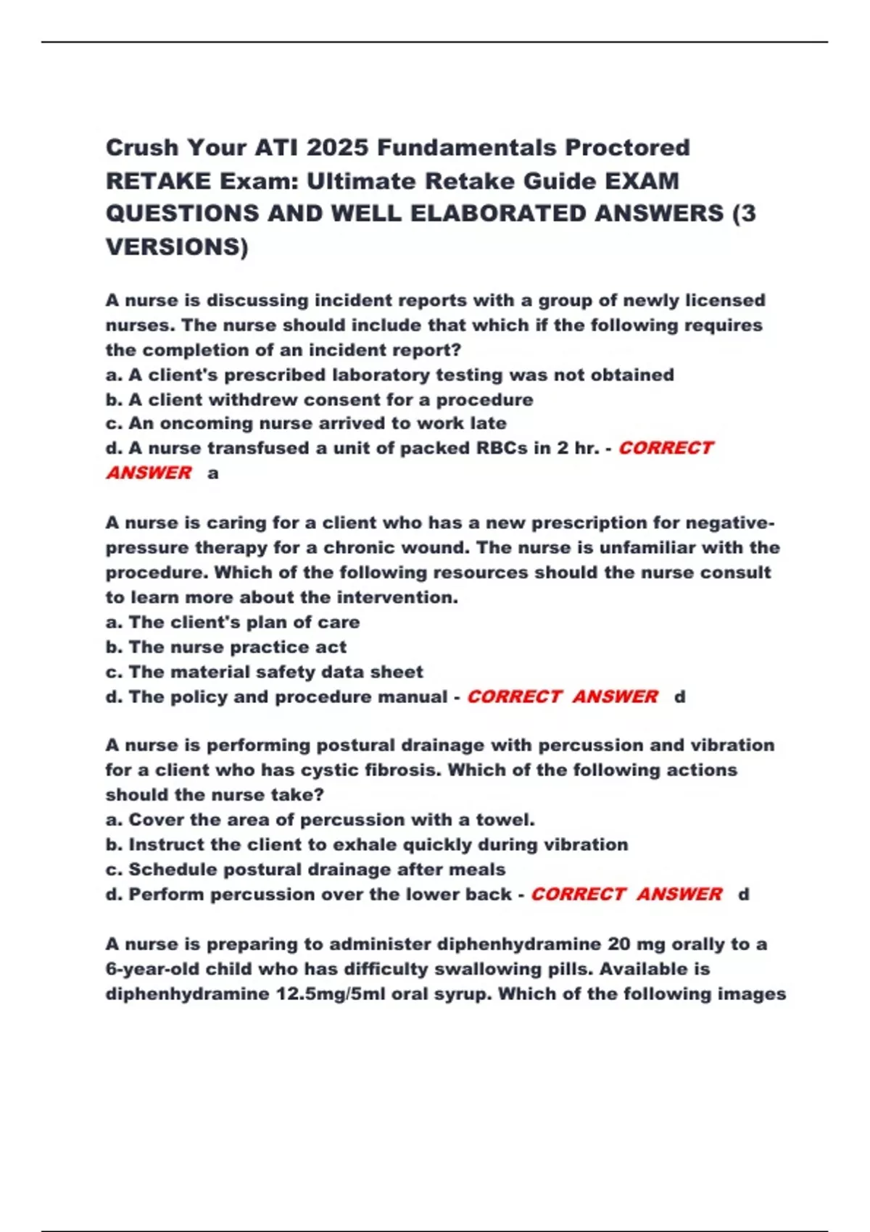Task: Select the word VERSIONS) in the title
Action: (177, 246)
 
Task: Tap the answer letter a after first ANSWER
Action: (212, 473)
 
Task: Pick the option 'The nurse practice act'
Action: (237, 646)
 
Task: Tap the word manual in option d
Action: (420, 696)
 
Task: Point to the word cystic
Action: (333, 770)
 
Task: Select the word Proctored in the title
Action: (627, 148)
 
